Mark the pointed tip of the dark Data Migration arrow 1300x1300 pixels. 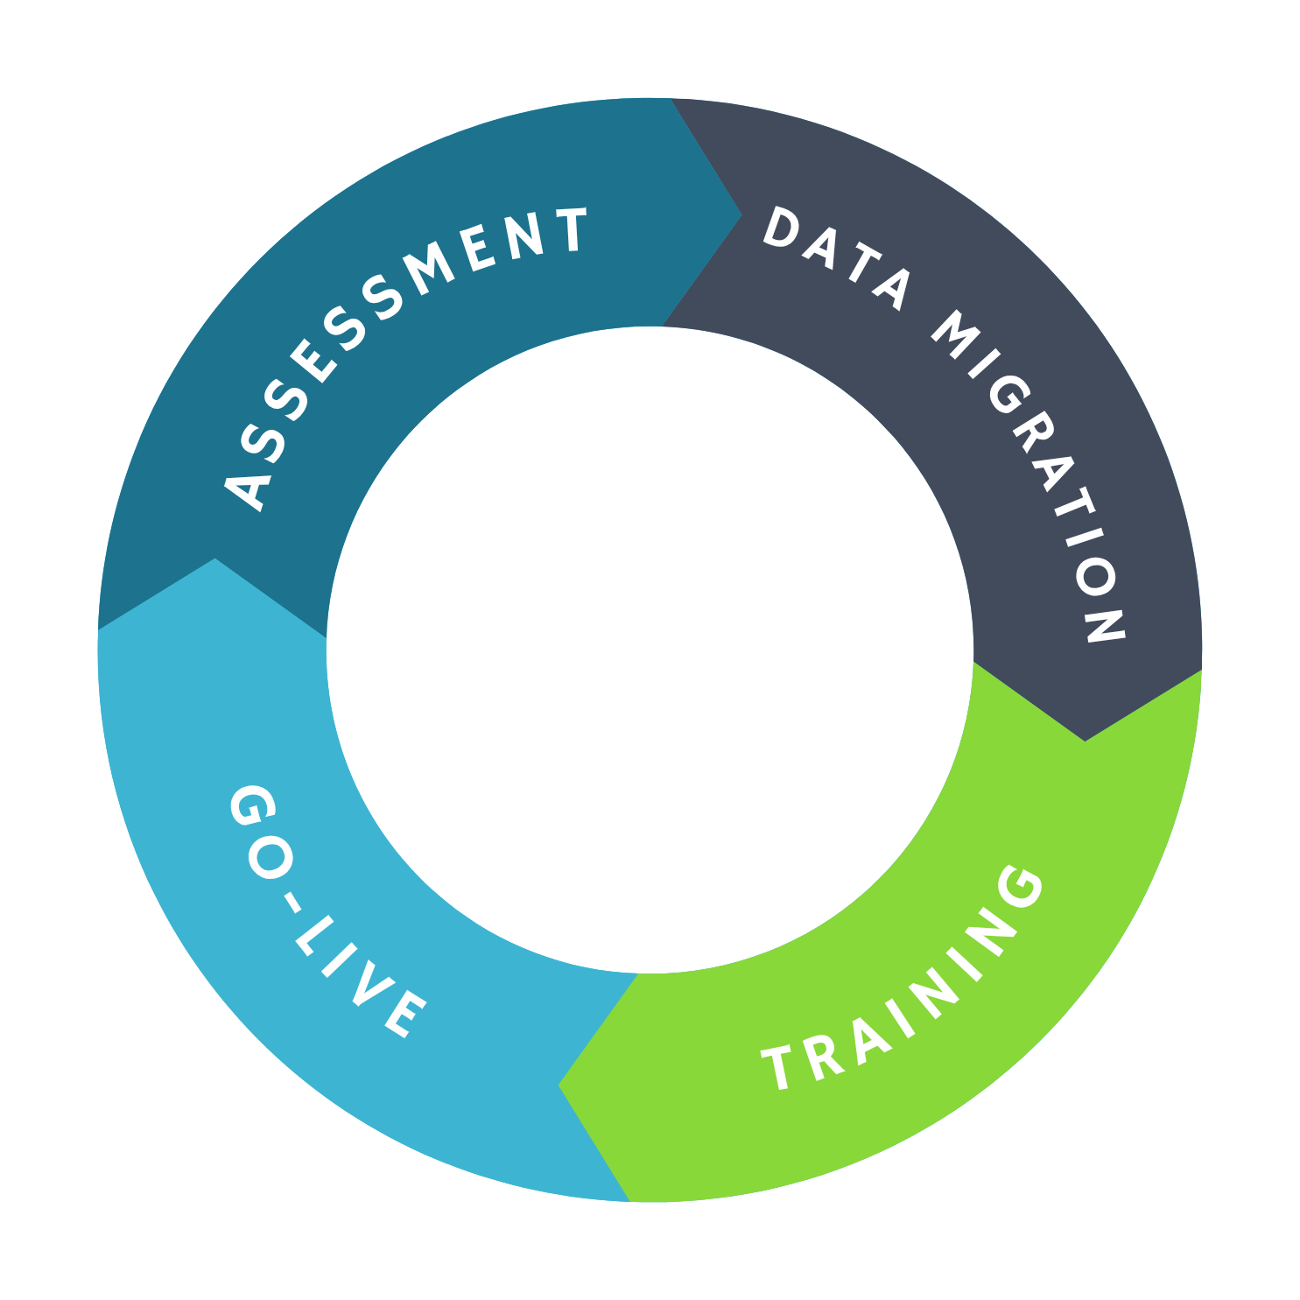(x=1086, y=741)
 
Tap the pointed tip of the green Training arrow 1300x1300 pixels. (x=559, y=1086)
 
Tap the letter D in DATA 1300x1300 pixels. (x=782, y=228)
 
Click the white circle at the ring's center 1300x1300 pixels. (x=650, y=650)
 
